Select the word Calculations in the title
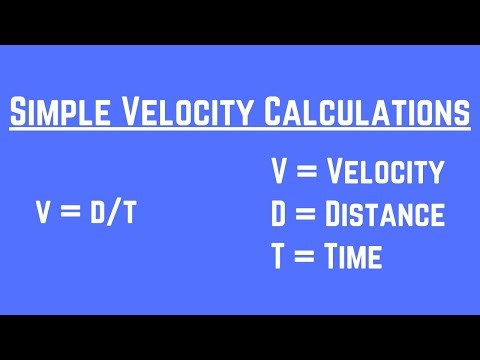[366, 114]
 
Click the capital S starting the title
[19, 114]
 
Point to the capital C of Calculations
[274, 114]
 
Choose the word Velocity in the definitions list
[386, 172]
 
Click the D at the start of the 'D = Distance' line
[281, 214]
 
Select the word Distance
[386, 214]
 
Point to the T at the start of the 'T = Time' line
[280, 257]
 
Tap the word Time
[352, 257]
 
